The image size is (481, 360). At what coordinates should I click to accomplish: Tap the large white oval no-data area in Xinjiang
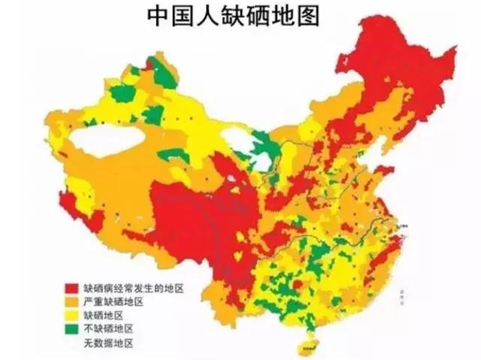pyautogui.click(x=107, y=141)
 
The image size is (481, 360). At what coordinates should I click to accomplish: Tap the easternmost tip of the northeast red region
pyautogui.click(x=452, y=53)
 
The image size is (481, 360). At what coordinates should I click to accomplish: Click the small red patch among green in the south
pyautogui.click(x=297, y=284)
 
